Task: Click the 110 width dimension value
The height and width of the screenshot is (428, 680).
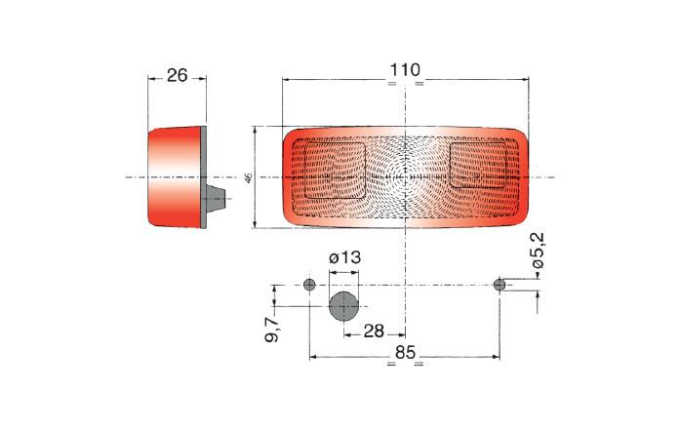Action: (x=405, y=70)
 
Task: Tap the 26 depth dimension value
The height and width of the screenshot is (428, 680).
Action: (x=177, y=76)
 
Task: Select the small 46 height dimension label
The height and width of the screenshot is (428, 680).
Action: (x=249, y=177)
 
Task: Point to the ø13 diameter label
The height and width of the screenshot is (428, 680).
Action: (x=344, y=257)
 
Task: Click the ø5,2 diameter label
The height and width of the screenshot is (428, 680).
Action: (x=539, y=251)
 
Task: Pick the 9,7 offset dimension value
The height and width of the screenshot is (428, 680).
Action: (x=273, y=330)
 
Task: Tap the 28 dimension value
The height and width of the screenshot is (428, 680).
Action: (x=374, y=331)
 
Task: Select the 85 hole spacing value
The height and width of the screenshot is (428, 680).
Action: (x=406, y=352)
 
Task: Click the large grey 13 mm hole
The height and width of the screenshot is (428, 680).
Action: (x=344, y=306)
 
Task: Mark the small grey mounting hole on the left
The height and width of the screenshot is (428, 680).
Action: (x=309, y=285)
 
